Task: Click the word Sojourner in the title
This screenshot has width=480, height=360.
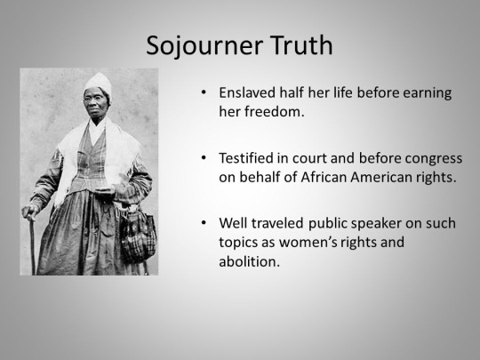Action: [x=204, y=46]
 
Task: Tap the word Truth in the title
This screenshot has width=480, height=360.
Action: [x=301, y=45]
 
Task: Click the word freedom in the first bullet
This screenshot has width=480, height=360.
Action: [x=275, y=112]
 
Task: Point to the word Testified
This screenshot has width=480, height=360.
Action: [x=246, y=158]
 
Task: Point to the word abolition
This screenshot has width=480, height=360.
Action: [x=250, y=261]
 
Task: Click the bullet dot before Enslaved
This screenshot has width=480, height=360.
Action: [x=204, y=92]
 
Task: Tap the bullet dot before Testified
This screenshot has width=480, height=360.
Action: [x=204, y=157]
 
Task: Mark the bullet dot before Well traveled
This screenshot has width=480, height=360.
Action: [x=204, y=222]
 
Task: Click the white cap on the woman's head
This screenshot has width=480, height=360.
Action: [x=99, y=84]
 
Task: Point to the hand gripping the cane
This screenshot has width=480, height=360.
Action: [x=29, y=212]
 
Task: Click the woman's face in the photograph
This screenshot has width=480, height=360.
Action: [x=96, y=101]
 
